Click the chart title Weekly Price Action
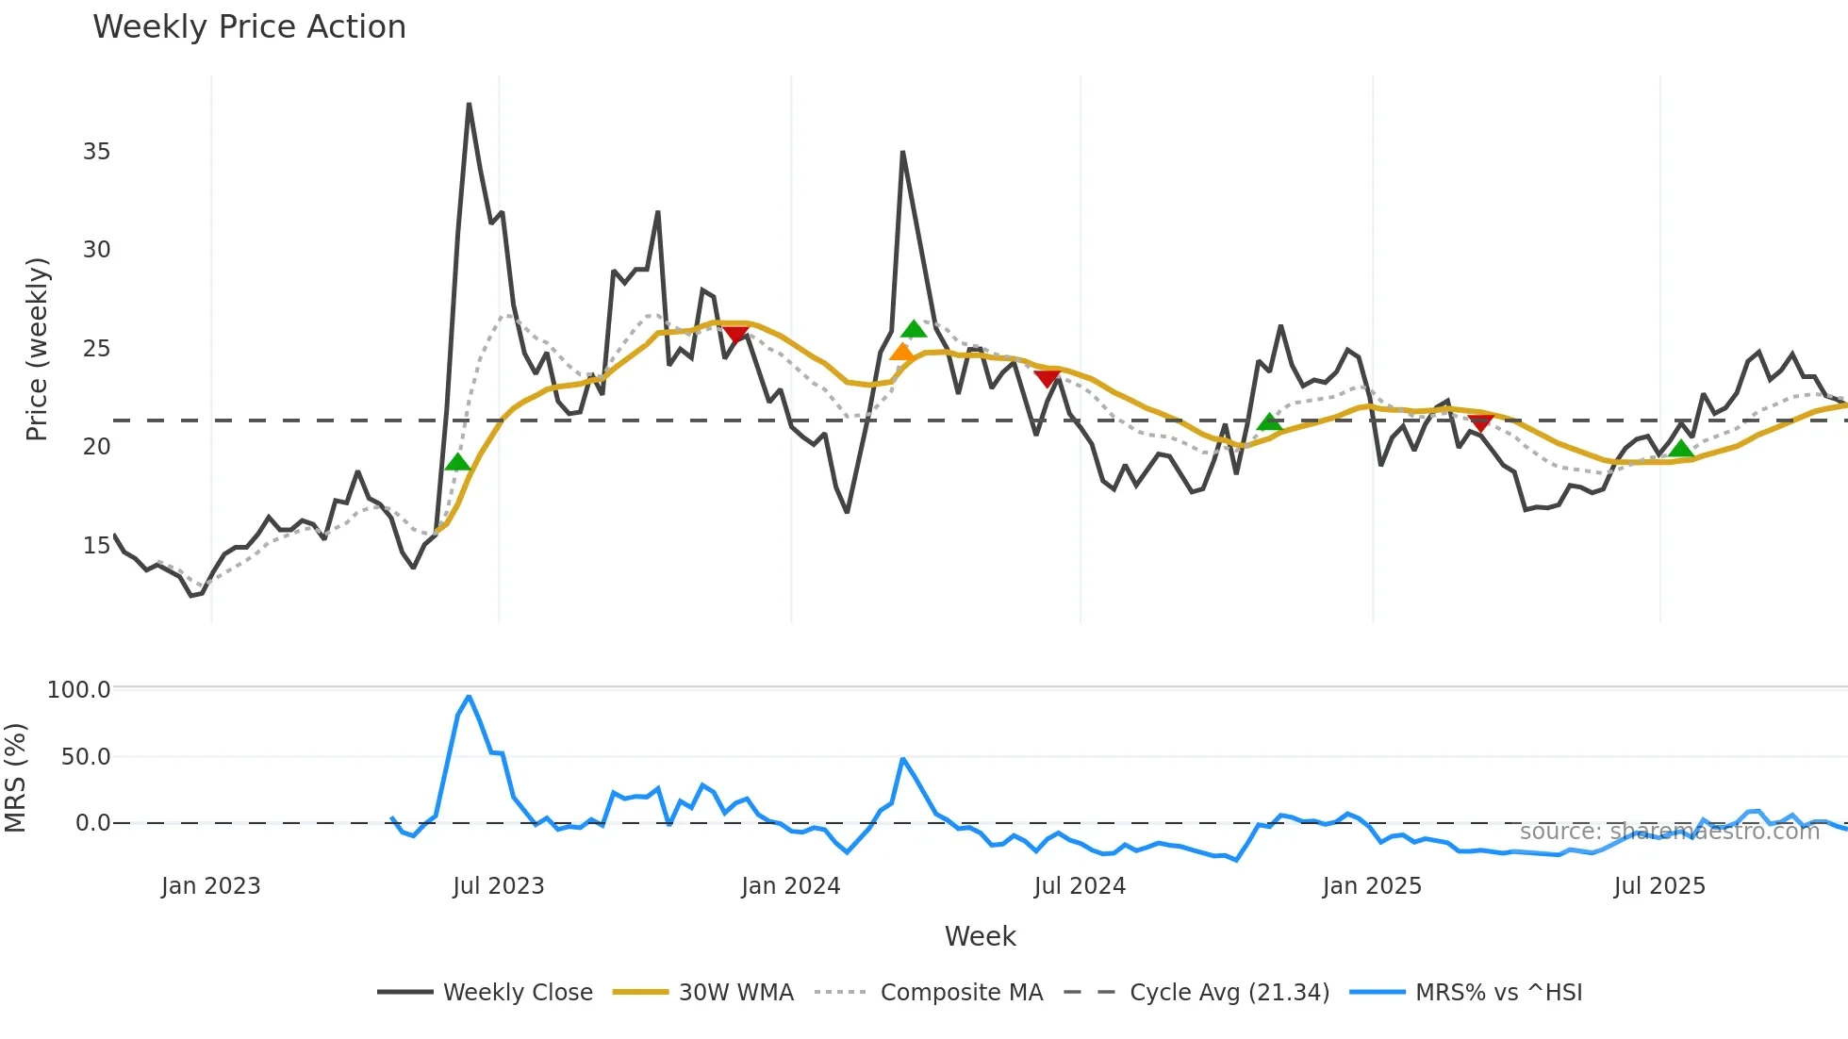249,26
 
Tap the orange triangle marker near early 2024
901,353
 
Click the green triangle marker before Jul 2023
457,462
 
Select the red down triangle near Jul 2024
1047,378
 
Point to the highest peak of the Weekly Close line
469,104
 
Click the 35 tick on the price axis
96,152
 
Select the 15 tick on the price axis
96,545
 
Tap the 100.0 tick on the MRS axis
79,689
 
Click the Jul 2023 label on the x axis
498,886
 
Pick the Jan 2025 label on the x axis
1371,886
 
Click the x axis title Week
980,936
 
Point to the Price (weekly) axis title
36,349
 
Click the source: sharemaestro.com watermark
1669,832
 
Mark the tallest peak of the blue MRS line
469,697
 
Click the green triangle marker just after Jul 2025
1680,449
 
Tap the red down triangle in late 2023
735,335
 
